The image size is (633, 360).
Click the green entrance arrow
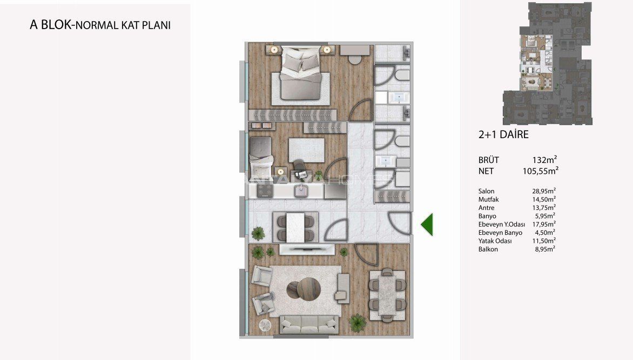point(428,224)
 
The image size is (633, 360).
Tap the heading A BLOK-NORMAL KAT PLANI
point(100,25)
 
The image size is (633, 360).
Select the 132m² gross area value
point(545,160)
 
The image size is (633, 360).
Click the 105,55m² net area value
point(541,171)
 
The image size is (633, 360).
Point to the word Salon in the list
point(487,191)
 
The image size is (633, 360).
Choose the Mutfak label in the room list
point(488,199)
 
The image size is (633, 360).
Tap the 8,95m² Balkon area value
point(545,249)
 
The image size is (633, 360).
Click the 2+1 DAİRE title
point(503,134)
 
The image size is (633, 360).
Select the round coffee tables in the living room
point(304,289)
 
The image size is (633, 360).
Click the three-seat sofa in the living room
point(309,324)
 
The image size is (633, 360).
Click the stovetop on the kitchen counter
point(265,191)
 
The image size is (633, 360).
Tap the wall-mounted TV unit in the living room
point(307,249)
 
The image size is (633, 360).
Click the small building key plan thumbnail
point(548,64)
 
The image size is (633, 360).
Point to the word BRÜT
point(489,160)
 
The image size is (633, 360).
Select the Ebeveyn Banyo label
point(500,233)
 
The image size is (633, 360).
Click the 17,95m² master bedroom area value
point(544,224)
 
